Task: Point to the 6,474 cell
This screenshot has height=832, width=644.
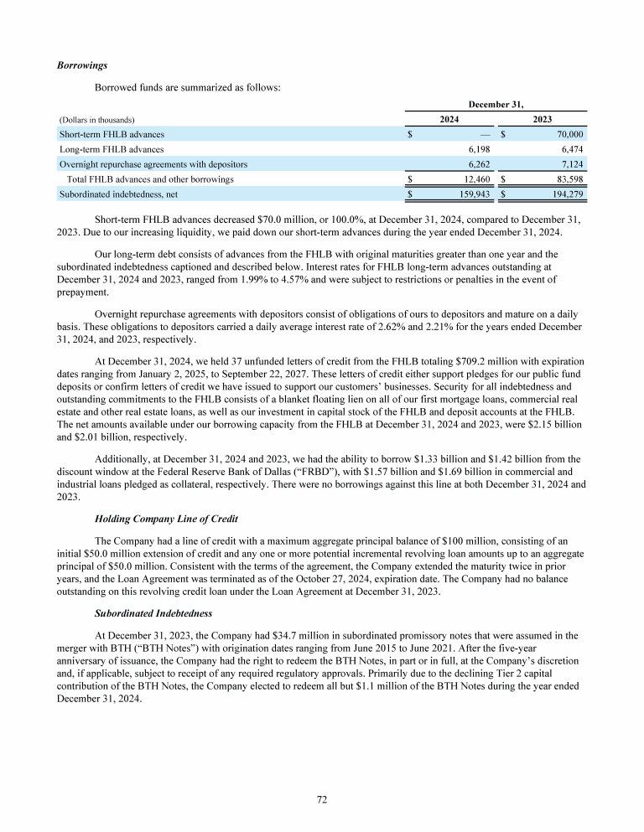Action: (570, 149)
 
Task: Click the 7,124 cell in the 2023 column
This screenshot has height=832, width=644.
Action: (570, 164)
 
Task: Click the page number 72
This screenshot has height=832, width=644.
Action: (321, 800)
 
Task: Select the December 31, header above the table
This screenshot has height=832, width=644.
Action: (496, 104)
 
